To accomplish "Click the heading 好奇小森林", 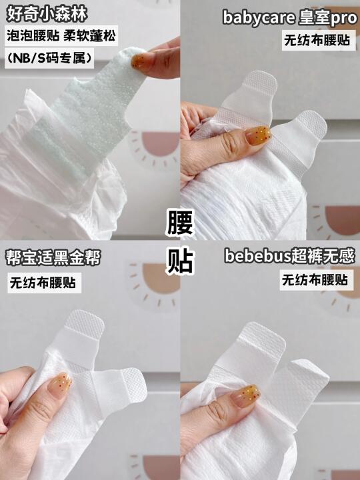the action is [47, 14].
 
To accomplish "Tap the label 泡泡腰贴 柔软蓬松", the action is [61, 35].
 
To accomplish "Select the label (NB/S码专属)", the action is [49, 58].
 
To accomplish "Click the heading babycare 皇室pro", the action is [289, 18].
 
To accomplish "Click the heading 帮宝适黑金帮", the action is [53, 258].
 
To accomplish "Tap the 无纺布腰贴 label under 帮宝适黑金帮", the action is [43, 283].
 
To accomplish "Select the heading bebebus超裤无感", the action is [289, 256].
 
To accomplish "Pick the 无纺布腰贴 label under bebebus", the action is [315, 280].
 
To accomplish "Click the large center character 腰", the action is [180, 223].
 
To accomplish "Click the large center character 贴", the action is [180, 261].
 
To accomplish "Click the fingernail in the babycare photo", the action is [258, 134].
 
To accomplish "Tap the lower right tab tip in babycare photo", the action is [311, 122].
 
